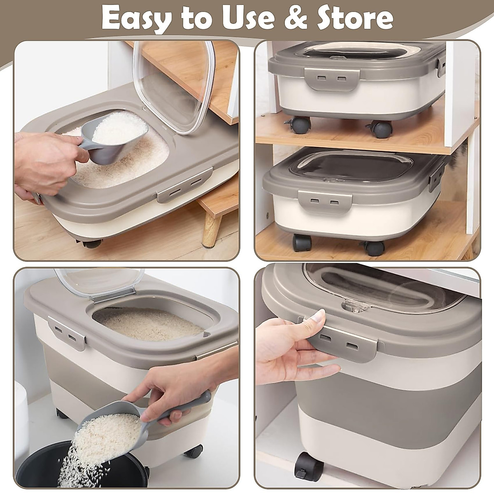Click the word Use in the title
click(x=241, y=18)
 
